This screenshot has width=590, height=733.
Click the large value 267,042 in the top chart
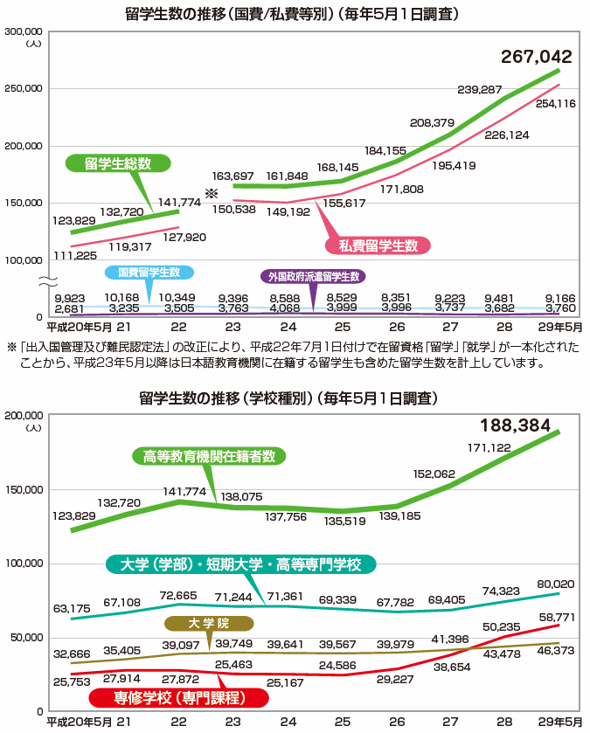[x=536, y=58]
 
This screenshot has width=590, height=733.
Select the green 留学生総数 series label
[x=118, y=163]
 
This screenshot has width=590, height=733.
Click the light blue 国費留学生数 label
[x=149, y=273]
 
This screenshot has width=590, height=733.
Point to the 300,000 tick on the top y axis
[x=25, y=31]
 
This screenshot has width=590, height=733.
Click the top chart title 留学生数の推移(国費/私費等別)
[x=294, y=14]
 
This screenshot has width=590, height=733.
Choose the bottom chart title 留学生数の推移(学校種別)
[x=295, y=398]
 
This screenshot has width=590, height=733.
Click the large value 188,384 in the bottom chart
[x=516, y=427]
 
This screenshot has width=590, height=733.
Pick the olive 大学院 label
[x=209, y=624]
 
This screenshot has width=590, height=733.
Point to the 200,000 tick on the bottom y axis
[x=25, y=416]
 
